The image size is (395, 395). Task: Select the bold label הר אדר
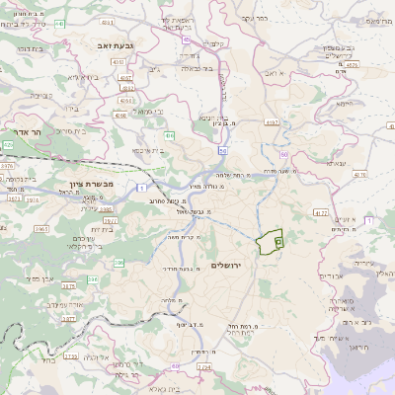point(38,131)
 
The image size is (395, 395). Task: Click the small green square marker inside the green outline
point(278,241)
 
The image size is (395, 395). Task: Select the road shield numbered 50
point(224,151)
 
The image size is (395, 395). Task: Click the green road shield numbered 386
point(119,262)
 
